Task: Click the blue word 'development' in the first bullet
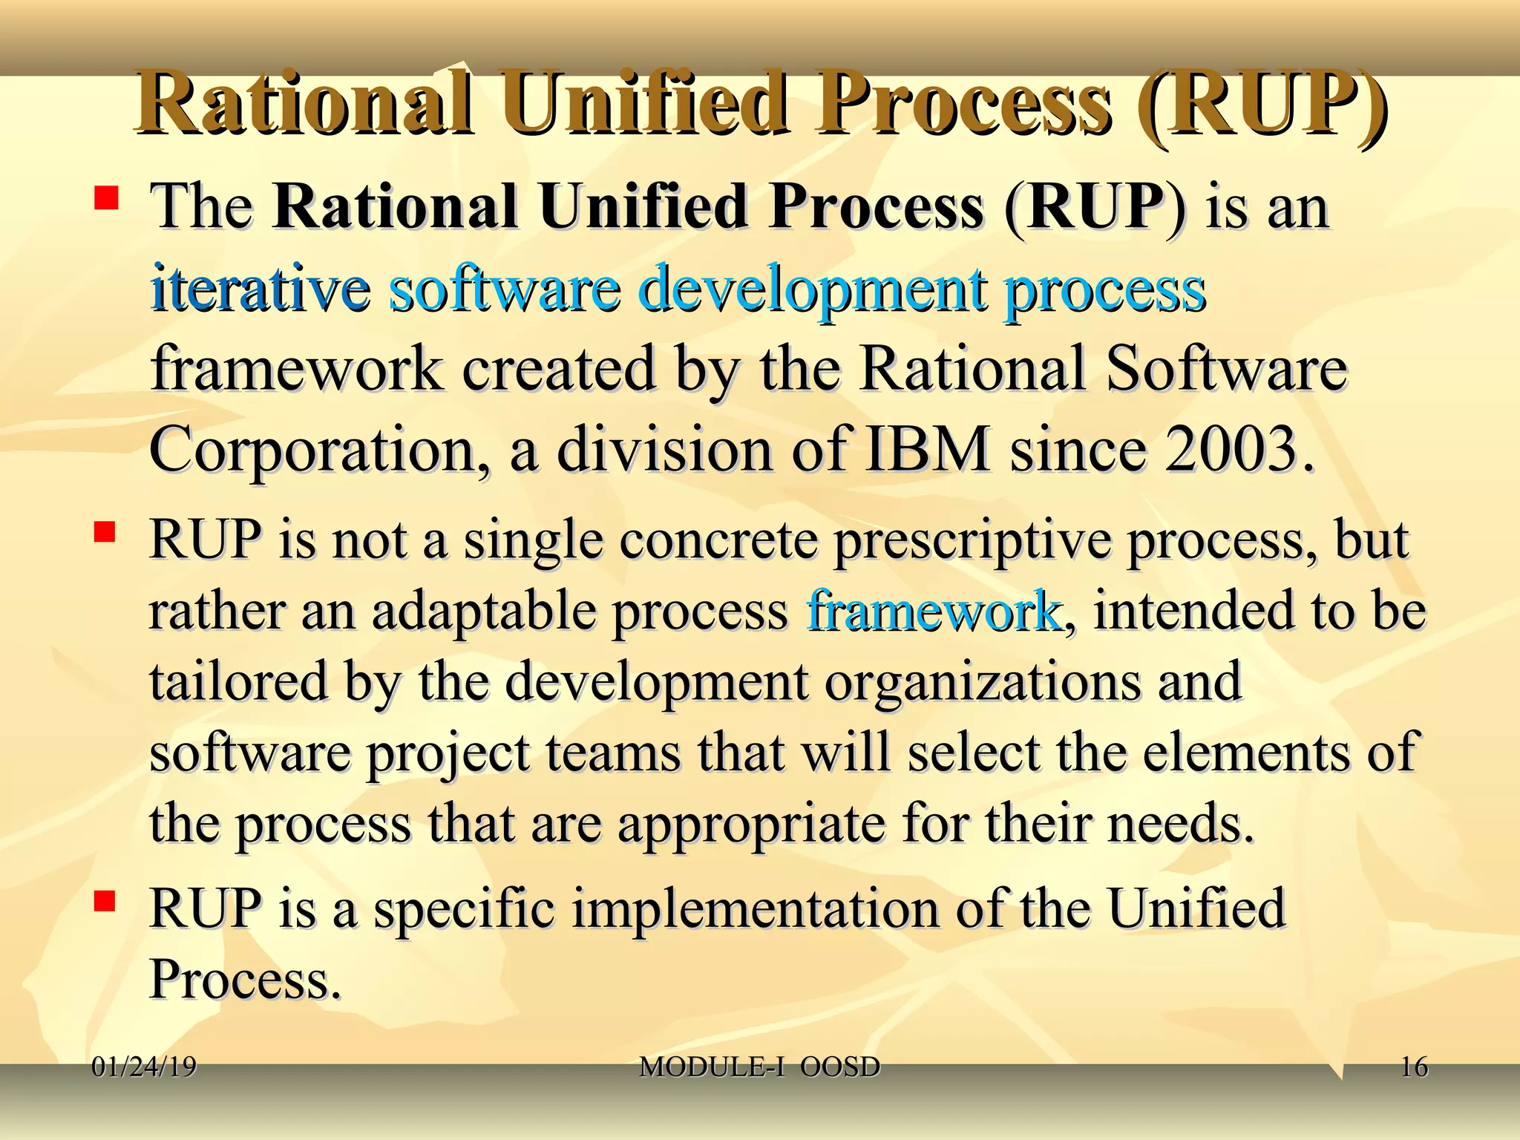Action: click(813, 289)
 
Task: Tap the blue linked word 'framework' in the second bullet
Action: click(934, 611)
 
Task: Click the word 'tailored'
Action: click(238, 681)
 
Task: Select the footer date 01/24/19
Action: click(144, 1067)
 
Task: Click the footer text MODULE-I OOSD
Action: click(759, 1067)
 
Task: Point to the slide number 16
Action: click(1414, 1067)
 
